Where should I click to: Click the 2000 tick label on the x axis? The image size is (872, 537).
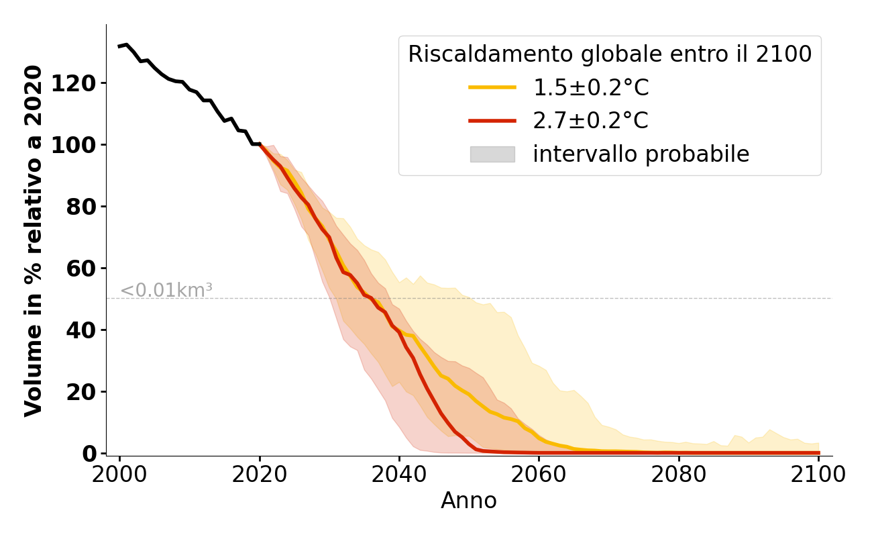[119, 475]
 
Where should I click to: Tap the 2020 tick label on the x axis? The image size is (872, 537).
[260, 475]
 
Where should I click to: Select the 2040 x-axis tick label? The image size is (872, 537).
[399, 475]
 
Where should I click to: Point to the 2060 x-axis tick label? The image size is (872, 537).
[539, 475]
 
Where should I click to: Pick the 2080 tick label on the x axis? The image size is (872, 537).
[679, 475]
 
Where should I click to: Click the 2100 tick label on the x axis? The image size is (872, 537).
[818, 475]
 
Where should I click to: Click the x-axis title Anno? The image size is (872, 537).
[469, 501]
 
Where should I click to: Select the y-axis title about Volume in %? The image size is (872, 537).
[34, 240]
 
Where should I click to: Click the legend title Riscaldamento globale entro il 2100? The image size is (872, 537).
[610, 54]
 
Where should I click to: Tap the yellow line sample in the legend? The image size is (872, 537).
[492, 87]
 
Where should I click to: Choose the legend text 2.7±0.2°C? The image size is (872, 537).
[591, 121]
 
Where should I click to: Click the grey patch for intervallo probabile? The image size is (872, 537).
[492, 154]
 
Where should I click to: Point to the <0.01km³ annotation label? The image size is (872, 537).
[166, 291]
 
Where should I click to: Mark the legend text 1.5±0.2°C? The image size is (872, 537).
[591, 87]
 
